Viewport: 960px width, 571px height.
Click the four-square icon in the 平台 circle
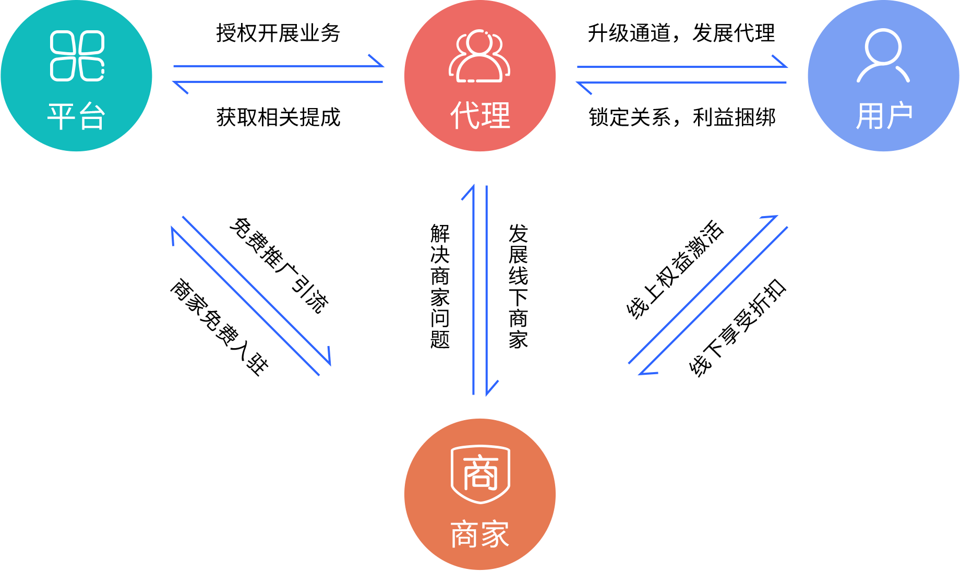(x=77, y=55)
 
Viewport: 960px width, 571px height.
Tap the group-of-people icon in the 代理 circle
(x=479, y=56)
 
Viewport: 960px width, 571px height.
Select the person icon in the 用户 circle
(x=883, y=55)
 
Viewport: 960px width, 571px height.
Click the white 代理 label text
(x=480, y=115)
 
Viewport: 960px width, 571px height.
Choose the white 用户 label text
(x=884, y=115)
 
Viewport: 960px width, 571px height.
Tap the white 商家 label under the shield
(x=480, y=534)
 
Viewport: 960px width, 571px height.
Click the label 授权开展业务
(x=278, y=33)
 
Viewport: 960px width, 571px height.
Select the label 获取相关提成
(x=278, y=117)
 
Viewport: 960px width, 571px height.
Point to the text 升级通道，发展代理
(x=681, y=33)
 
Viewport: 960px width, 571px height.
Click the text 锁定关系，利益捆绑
(x=682, y=117)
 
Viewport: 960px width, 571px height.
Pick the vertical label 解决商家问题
(x=440, y=286)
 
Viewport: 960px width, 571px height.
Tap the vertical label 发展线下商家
(x=518, y=286)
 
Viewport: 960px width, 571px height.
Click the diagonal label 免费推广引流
(x=279, y=265)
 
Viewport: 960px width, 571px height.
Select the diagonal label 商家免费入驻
(x=220, y=327)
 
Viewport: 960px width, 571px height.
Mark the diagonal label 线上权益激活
(x=675, y=268)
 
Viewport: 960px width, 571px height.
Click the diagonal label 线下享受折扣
(x=737, y=327)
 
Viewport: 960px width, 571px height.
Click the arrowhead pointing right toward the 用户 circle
(x=780, y=62)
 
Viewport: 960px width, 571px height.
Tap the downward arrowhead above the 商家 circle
(x=491, y=388)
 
